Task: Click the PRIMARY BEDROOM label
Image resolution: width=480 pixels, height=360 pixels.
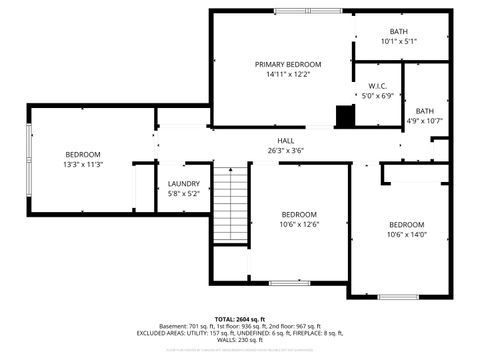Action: pyautogui.click(x=280, y=63)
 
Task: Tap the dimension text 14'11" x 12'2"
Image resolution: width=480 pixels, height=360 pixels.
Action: pyautogui.click(x=280, y=74)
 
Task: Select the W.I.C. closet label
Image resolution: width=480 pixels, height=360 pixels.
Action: pyautogui.click(x=377, y=86)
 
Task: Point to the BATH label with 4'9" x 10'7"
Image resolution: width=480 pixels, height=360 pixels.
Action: pyautogui.click(x=425, y=111)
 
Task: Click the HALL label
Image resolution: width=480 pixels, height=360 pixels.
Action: pyautogui.click(x=286, y=140)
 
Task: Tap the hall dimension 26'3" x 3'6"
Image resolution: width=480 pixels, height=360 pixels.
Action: pyautogui.click(x=286, y=150)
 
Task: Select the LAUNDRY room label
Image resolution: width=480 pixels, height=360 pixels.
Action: pyautogui.click(x=184, y=183)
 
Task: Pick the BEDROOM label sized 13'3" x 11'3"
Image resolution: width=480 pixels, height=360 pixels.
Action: pyautogui.click(x=83, y=154)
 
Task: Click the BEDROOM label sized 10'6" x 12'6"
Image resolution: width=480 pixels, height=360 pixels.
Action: pyautogui.click(x=298, y=215)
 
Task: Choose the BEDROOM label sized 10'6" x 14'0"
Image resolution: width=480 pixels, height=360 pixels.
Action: pyautogui.click(x=406, y=224)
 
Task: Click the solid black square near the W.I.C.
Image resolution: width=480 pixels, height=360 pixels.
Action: pyautogui.click(x=345, y=117)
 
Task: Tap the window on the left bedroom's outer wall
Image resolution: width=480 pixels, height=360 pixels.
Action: pyautogui.click(x=29, y=160)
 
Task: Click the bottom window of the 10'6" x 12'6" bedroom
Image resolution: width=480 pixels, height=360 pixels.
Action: pyautogui.click(x=290, y=282)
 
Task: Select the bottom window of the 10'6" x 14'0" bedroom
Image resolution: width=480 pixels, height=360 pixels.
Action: pyautogui.click(x=398, y=295)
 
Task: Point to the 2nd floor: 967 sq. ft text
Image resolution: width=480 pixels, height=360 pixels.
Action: pyautogui.click(x=296, y=326)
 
